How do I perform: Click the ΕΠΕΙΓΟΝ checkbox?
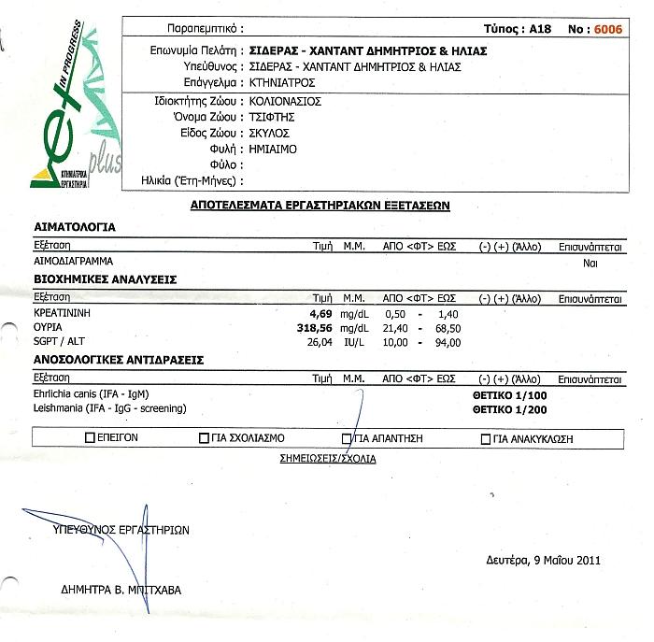[x=90, y=437]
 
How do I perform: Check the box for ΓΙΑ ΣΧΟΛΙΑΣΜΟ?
[x=205, y=437]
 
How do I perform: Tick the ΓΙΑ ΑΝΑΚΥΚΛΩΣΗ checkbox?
[x=485, y=438]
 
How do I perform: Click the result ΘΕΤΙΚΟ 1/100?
[x=509, y=395]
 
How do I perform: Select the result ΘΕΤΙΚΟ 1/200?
[x=509, y=408]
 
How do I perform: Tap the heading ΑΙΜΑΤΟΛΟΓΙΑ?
[x=75, y=227]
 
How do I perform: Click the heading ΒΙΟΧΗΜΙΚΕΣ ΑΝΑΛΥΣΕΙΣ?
[x=106, y=279]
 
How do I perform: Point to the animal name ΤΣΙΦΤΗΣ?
[x=272, y=118]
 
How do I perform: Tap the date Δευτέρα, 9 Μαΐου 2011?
[x=543, y=561]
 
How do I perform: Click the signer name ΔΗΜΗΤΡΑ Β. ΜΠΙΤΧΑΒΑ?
[x=121, y=590]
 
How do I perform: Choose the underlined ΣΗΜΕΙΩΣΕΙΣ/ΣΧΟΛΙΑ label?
[x=328, y=459]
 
